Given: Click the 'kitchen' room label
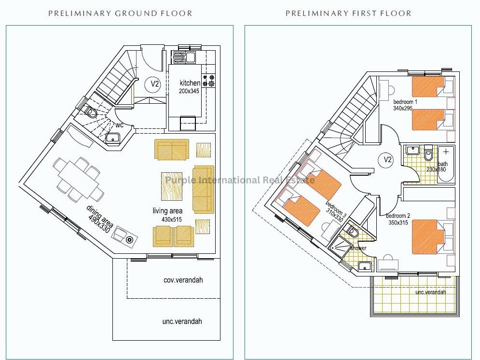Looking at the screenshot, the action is (190, 83).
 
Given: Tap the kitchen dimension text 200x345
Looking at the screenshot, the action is (189, 91).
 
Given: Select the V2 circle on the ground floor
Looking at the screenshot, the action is (155, 83).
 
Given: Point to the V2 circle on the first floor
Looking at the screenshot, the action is (387, 159).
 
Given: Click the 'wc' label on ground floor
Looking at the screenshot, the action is (119, 125).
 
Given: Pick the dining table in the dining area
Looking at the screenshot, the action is (79, 179).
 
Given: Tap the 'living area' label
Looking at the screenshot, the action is (167, 210).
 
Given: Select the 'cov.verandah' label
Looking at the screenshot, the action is (183, 280).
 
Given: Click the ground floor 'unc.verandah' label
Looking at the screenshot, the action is (182, 321).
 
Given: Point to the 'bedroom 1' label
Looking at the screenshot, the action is (405, 102).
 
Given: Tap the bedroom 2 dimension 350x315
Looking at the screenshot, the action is (398, 222).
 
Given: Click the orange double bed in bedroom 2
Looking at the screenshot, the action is (428, 237).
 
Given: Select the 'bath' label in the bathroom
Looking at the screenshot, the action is (443, 164).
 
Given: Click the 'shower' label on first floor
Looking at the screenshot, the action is (358, 248).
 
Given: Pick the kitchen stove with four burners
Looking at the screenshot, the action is (208, 80).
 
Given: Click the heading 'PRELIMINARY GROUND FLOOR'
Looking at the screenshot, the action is (120, 14).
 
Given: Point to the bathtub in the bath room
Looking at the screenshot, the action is (446, 165).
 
